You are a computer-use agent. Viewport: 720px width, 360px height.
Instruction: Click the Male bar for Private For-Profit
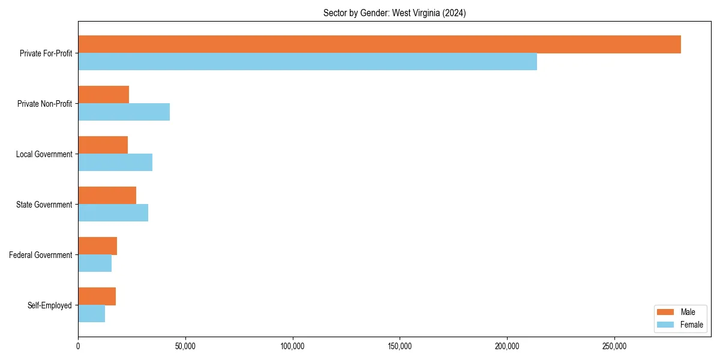pyautogui.click(x=379, y=44)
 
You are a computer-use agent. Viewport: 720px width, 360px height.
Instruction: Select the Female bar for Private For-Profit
pyautogui.click(x=307, y=62)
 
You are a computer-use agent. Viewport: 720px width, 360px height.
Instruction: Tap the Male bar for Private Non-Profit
pyautogui.click(x=103, y=95)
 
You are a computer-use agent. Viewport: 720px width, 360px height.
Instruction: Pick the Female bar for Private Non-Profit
pyautogui.click(x=124, y=112)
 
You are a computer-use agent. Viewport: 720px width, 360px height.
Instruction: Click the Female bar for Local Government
pyautogui.click(x=115, y=163)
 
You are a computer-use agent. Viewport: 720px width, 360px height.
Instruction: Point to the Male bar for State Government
pyautogui.click(x=107, y=196)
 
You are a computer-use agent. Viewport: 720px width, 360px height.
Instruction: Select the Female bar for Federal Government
pyautogui.click(x=95, y=263)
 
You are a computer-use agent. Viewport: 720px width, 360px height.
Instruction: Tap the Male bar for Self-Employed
pyautogui.click(x=97, y=296)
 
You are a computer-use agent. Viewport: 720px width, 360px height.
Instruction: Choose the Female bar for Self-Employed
pyautogui.click(x=91, y=314)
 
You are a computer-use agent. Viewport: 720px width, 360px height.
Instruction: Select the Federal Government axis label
pyautogui.click(x=41, y=255)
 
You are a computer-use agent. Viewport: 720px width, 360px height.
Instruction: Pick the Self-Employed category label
pyautogui.click(x=50, y=305)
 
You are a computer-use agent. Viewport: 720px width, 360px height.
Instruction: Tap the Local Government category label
pyautogui.click(x=44, y=154)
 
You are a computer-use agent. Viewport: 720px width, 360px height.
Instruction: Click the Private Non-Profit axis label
pyautogui.click(x=45, y=104)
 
